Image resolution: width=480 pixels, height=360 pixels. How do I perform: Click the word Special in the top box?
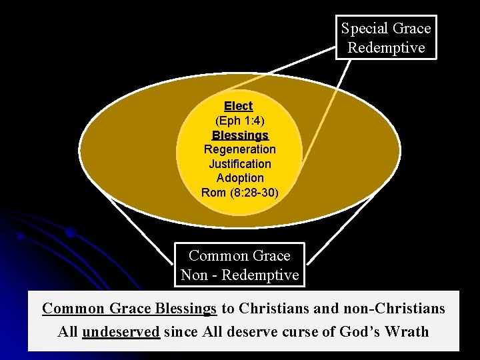[363, 29]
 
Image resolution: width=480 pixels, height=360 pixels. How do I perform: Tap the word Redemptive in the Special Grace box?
[386, 48]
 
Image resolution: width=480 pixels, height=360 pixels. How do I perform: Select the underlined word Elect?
[239, 106]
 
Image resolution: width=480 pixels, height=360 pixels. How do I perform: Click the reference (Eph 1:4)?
[239, 121]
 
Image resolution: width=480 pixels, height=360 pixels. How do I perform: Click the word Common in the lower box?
[216, 256]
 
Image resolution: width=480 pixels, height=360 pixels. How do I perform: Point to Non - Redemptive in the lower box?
[239, 275]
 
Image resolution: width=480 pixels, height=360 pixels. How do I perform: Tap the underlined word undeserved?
[121, 331]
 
